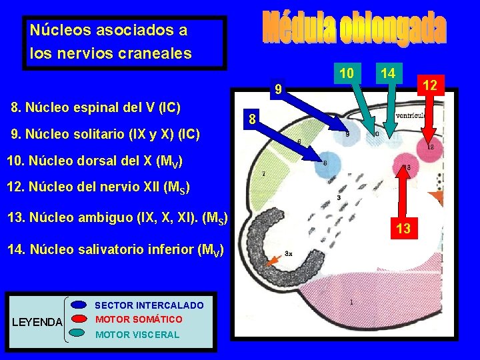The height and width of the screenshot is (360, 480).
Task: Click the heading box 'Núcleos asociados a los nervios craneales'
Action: (125, 41)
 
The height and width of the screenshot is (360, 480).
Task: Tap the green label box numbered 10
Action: (346, 72)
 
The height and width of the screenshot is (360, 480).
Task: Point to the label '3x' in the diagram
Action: (289, 253)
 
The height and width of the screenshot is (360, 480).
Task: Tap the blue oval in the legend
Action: (79, 305)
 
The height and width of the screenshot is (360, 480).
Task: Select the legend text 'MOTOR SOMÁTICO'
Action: (139, 319)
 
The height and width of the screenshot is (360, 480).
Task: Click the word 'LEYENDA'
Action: (38, 323)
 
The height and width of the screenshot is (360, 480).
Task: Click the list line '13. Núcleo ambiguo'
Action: (117, 217)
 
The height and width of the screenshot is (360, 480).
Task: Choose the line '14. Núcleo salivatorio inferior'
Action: (115, 250)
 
